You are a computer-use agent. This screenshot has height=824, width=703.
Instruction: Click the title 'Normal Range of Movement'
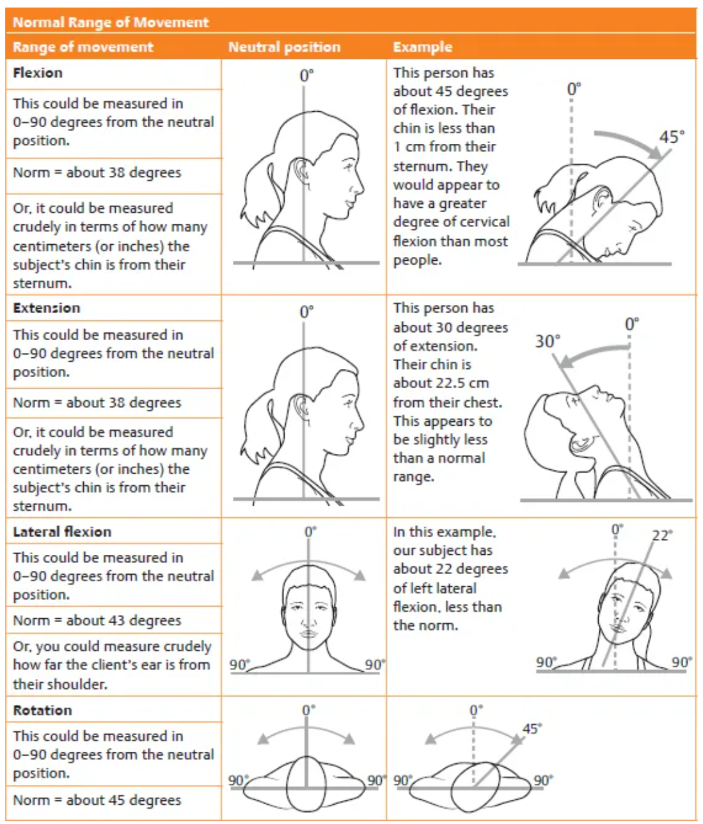[110, 22]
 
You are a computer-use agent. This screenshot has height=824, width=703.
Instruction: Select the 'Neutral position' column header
[284, 47]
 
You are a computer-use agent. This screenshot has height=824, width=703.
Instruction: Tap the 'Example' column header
[422, 47]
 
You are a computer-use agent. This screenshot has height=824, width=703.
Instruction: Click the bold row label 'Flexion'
[38, 73]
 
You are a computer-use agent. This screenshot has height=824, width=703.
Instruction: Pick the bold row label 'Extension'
[46, 308]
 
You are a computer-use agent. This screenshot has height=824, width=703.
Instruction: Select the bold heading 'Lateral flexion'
[62, 532]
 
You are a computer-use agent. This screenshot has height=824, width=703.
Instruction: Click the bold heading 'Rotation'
[42, 710]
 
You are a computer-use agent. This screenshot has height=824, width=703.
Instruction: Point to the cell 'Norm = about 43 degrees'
[97, 621]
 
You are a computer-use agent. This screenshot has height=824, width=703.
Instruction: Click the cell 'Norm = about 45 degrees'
[97, 800]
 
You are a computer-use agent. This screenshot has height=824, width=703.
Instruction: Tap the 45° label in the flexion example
[671, 137]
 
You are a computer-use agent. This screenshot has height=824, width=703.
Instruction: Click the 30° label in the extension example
[548, 341]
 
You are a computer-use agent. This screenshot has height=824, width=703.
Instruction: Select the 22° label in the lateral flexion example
[661, 535]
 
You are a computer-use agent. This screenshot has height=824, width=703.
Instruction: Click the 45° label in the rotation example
[532, 729]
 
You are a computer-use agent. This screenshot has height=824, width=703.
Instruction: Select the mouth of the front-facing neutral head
[308, 634]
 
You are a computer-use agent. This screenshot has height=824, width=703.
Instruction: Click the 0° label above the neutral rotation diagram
[308, 710]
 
